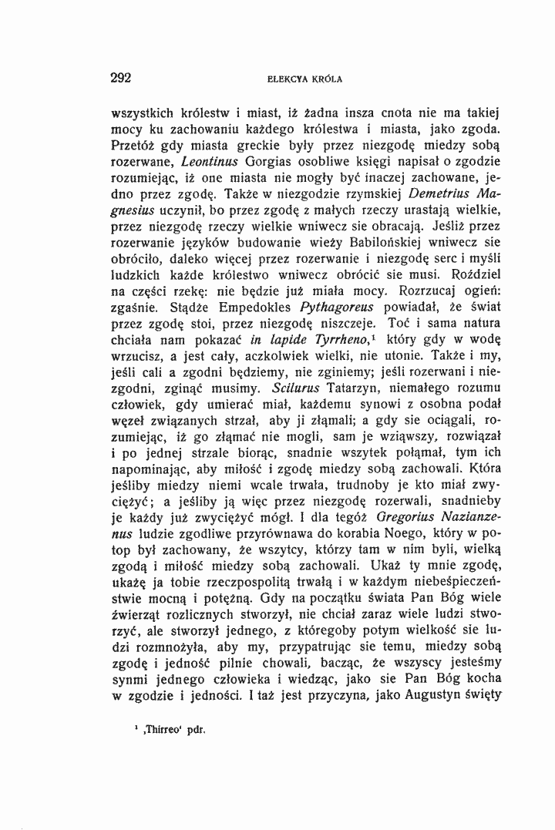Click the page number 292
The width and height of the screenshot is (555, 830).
pyautogui.click(x=123, y=77)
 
